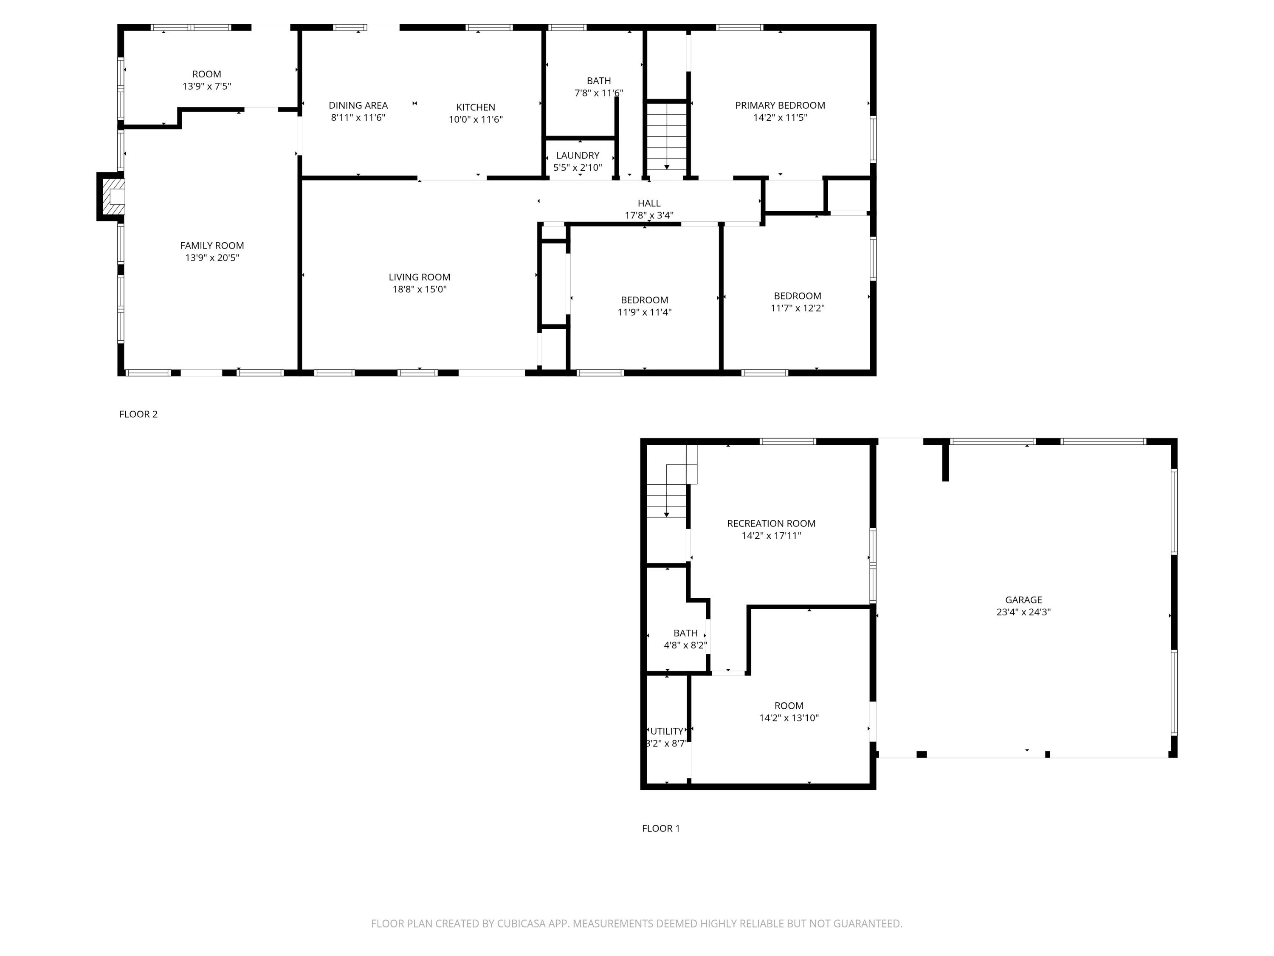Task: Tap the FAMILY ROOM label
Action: click(212, 246)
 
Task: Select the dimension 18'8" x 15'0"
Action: click(419, 289)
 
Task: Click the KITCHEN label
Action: click(476, 107)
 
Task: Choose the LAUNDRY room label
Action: click(578, 156)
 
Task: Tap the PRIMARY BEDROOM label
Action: click(780, 105)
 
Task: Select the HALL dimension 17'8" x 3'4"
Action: click(649, 215)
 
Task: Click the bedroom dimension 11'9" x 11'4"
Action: click(645, 312)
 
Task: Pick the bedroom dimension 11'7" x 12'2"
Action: click(797, 308)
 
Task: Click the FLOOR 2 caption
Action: click(138, 414)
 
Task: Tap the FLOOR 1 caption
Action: click(661, 828)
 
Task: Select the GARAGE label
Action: click(1023, 600)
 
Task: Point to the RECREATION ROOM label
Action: click(771, 523)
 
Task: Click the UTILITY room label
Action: click(667, 731)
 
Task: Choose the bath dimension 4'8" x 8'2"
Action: click(685, 645)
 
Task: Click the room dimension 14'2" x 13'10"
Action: click(789, 718)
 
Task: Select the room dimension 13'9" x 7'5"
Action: click(207, 86)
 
